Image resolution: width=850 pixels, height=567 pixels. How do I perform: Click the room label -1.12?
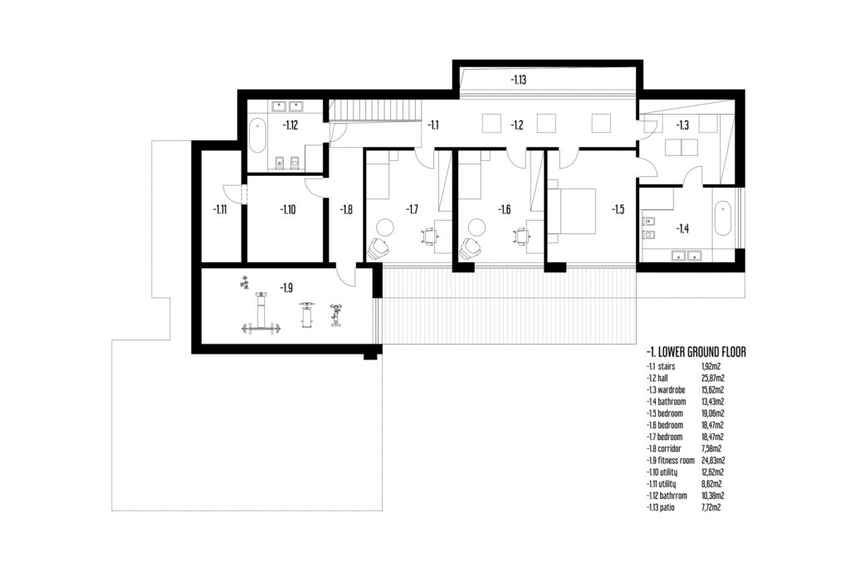(290, 125)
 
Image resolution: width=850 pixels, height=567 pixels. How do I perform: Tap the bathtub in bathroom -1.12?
(257, 136)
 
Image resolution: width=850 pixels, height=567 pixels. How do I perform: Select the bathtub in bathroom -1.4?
(723, 218)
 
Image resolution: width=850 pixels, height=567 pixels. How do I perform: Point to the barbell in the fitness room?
(262, 328)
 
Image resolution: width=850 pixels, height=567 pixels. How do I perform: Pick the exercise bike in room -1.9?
(336, 315)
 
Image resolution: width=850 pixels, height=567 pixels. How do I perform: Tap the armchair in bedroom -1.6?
(471, 249)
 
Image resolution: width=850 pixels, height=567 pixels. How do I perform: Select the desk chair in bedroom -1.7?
(429, 237)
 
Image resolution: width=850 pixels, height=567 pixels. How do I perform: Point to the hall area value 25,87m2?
(713, 379)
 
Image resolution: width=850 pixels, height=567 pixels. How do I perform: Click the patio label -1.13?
(518, 80)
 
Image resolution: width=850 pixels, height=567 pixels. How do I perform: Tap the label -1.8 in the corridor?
(346, 209)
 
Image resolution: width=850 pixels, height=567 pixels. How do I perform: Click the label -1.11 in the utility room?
(219, 209)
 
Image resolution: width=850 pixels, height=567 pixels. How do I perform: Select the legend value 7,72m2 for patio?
(711, 507)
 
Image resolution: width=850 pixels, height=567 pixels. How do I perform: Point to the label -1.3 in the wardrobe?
(682, 125)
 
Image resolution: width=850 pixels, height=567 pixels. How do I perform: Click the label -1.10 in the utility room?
(288, 209)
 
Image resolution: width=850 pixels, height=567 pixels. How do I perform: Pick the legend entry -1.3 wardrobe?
(667, 389)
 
